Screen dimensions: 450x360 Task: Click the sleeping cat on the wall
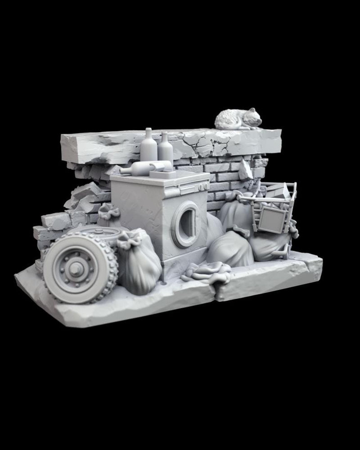[238, 120]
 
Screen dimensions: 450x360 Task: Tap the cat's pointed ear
[253, 110]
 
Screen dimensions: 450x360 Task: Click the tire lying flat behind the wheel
[103, 234]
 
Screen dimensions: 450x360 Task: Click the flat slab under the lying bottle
[162, 173]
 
